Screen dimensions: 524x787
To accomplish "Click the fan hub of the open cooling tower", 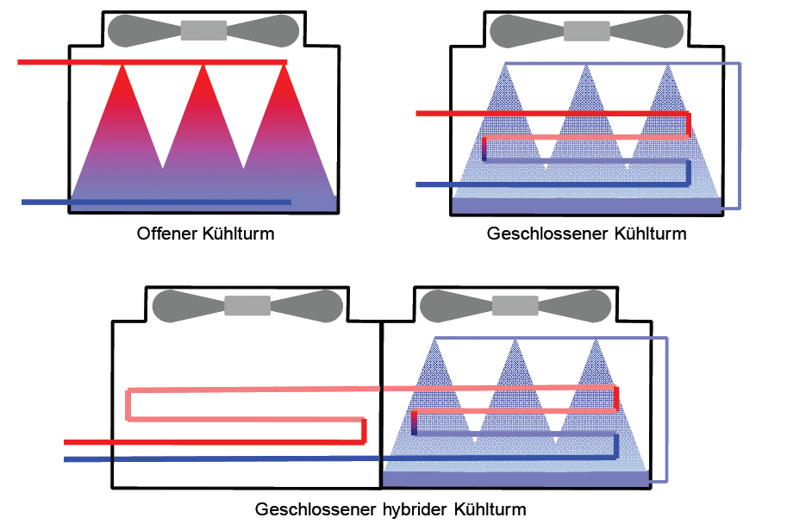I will (x=203, y=30).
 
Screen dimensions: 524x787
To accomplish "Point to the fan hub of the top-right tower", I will (x=586, y=30).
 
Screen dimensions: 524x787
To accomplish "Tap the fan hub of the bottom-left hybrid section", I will (x=247, y=305).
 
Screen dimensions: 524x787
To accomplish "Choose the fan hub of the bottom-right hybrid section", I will (x=515, y=305).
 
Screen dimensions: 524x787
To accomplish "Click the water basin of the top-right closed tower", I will (x=586, y=206).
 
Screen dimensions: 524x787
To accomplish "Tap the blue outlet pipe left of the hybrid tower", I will (x=86, y=459).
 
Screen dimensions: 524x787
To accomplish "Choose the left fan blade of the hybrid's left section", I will (x=188, y=305).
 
